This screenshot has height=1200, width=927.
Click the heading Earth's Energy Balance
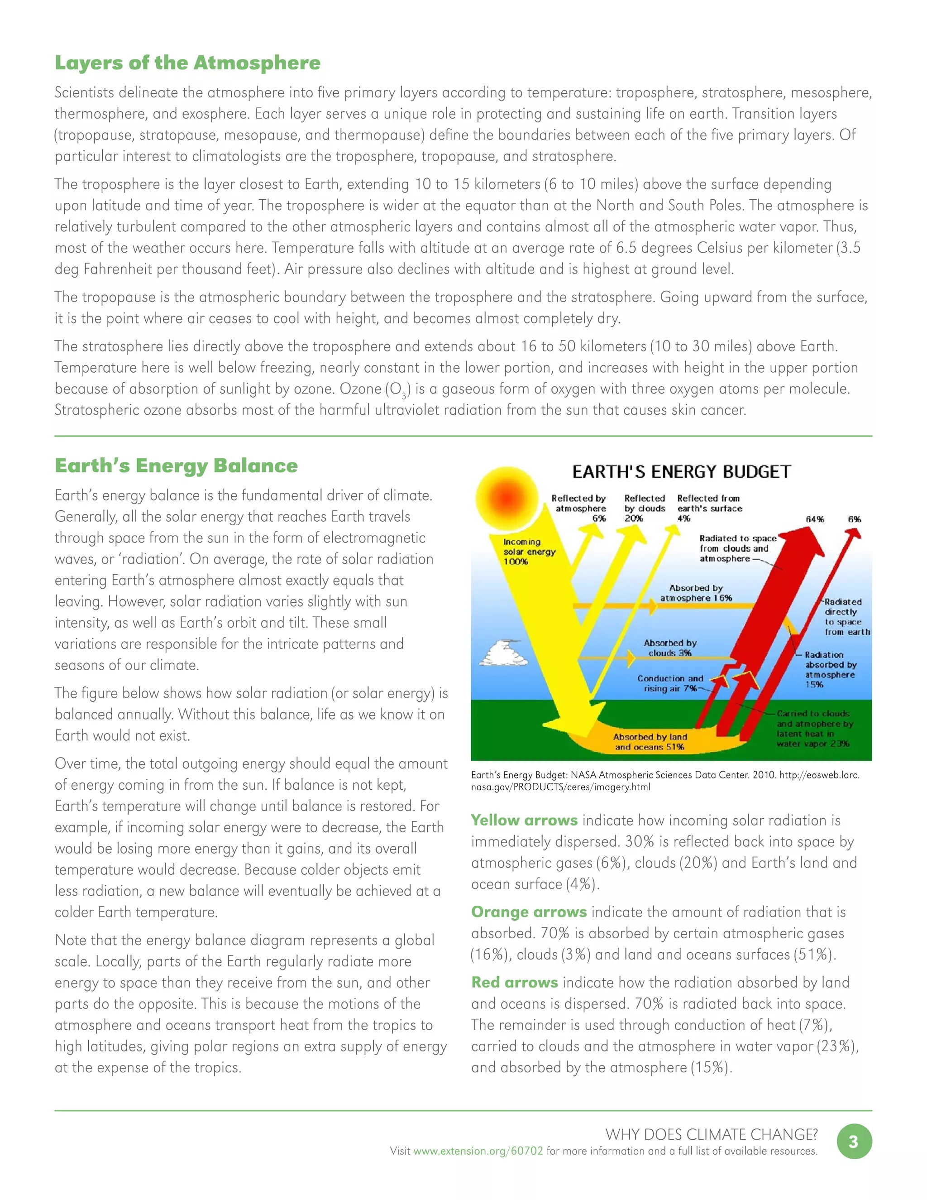(176, 466)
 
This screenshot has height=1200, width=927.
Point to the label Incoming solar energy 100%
(528, 551)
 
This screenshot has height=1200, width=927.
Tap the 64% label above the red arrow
(815, 519)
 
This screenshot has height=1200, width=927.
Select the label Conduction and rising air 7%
(670, 683)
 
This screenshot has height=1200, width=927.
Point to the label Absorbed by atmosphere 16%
(696, 593)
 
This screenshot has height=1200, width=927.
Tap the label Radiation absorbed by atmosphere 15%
(830, 669)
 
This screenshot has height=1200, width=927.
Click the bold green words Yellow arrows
(524, 821)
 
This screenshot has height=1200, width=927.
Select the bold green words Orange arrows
(529, 912)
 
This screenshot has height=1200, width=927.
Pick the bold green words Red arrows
(515, 983)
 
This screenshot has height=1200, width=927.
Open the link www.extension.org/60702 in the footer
(478, 1151)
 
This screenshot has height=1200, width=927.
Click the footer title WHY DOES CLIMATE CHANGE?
(711, 1134)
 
